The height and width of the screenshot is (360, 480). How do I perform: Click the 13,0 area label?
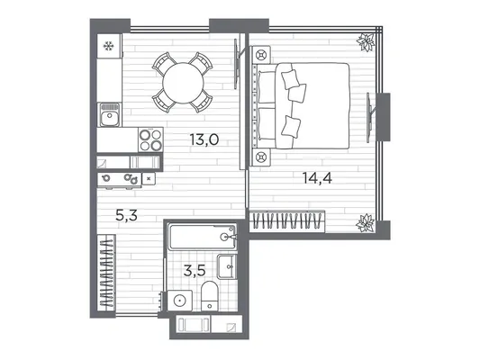click(204, 139)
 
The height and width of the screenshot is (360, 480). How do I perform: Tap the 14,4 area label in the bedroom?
click(317, 178)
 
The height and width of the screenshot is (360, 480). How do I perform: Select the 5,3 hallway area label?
click(126, 215)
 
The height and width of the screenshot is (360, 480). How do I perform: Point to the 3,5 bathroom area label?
click(195, 271)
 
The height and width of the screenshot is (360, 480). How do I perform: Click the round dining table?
click(183, 83)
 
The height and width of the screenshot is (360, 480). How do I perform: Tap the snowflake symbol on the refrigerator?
click(108, 46)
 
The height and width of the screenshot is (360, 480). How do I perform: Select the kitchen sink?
click(110, 114)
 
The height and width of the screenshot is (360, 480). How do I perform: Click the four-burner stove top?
click(150, 139)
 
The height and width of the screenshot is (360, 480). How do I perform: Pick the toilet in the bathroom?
click(210, 296)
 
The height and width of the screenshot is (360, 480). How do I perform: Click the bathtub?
click(203, 237)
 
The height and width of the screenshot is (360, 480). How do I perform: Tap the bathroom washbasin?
click(227, 266)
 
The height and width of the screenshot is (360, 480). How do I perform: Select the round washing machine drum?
click(179, 301)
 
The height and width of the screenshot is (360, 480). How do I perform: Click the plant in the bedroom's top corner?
click(367, 41)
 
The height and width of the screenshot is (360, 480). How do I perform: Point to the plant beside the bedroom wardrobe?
click(366, 222)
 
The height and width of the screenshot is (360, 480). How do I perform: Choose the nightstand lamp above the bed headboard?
click(261, 56)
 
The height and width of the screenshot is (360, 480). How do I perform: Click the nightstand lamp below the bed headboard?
click(261, 157)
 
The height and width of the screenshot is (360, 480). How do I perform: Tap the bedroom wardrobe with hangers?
click(287, 220)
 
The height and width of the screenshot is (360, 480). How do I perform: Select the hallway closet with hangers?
click(106, 273)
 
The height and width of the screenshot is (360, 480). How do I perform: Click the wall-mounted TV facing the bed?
click(370, 117)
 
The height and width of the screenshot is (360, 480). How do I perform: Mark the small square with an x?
click(149, 178)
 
